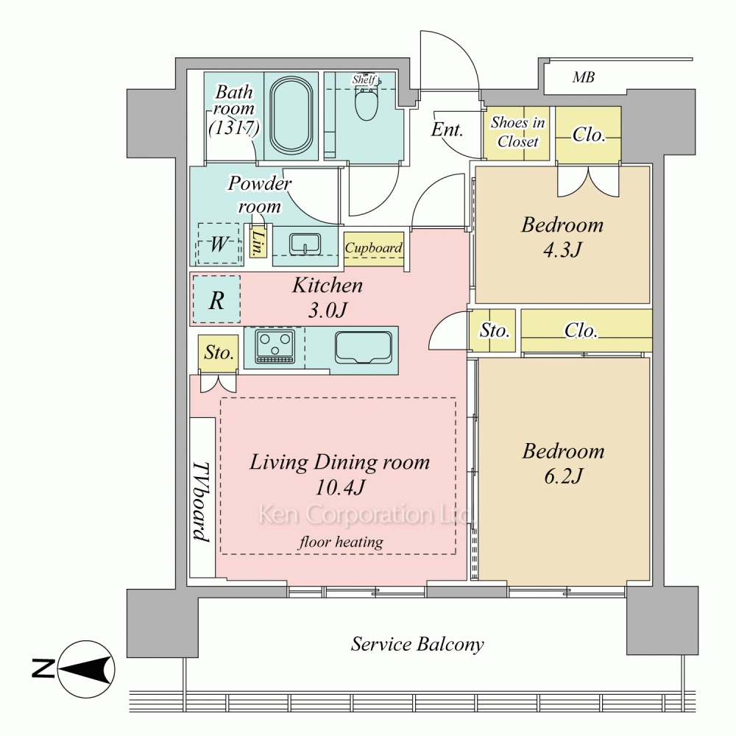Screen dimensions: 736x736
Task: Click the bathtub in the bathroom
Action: point(291,116)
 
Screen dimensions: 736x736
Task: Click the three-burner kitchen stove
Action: point(275,347)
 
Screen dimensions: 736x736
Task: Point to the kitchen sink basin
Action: point(364,347)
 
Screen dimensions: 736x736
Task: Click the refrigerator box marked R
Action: point(216,299)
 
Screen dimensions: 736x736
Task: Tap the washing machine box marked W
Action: point(219,243)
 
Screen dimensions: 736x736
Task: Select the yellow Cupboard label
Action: point(374,247)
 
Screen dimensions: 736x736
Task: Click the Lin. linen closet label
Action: point(257,243)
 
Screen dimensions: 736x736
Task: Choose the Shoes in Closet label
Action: point(517,132)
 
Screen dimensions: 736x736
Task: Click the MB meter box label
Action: point(584,77)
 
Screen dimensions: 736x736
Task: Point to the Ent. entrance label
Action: point(447,130)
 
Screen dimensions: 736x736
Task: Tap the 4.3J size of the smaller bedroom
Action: point(562,250)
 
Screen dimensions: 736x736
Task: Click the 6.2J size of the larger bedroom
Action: point(563,476)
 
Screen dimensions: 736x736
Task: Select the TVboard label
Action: point(202,502)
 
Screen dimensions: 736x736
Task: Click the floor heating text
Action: point(342,542)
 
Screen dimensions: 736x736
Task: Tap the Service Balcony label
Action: point(417,644)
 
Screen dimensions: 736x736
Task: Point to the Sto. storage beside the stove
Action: point(219,352)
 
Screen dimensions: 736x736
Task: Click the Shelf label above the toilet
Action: point(364,79)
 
